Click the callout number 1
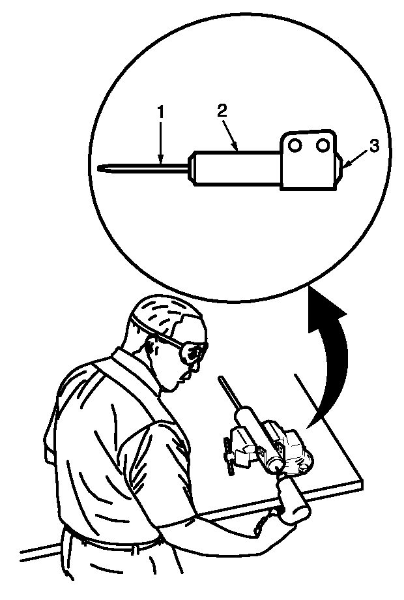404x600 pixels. (x=161, y=112)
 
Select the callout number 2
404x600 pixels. (x=222, y=110)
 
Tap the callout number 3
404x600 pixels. (x=374, y=146)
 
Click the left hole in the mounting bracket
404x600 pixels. (x=295, y=145)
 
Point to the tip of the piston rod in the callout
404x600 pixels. (x=100, y=168)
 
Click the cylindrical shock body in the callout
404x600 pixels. (x=235, y=168)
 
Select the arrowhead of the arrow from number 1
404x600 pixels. (x=161, y=160)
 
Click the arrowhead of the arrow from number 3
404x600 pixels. (x=346, y=165)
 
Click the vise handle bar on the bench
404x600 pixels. (x=228, y=457)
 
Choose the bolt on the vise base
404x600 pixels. (x=303, y=467)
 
